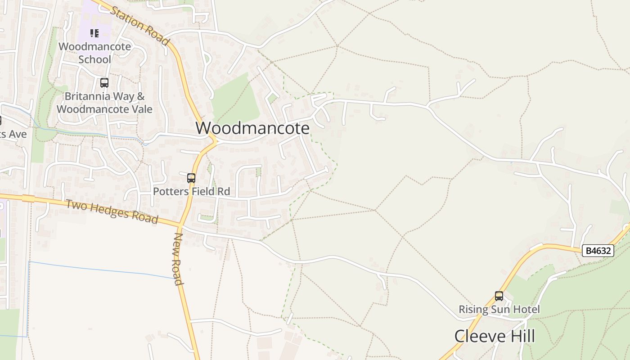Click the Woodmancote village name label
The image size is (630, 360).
tap(252, 128)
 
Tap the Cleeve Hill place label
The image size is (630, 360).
tap(495, 336)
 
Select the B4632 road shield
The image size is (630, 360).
tap(598, 251)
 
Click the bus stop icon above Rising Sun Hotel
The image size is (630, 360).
tap(499, 296)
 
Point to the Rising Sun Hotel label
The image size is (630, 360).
tap(499, 310)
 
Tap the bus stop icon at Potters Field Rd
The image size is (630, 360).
tap(191, 178)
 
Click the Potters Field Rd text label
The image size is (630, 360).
tap(191, 192)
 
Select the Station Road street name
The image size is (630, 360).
tap(140, 26)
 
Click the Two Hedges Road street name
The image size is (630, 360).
tap(112, 212)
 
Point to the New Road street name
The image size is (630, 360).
tap(178, 259)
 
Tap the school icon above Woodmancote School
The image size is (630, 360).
tap(94, 33)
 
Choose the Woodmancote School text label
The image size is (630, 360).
tap(94, 53)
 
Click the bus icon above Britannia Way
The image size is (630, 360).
tap(104, 83)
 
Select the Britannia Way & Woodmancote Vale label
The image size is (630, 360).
tap(104, 103)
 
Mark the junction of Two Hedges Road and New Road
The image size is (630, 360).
tap(180, 224)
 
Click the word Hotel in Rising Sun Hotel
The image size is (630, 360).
tap(527, 310)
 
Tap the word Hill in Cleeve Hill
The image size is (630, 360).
tap(521, 336)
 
